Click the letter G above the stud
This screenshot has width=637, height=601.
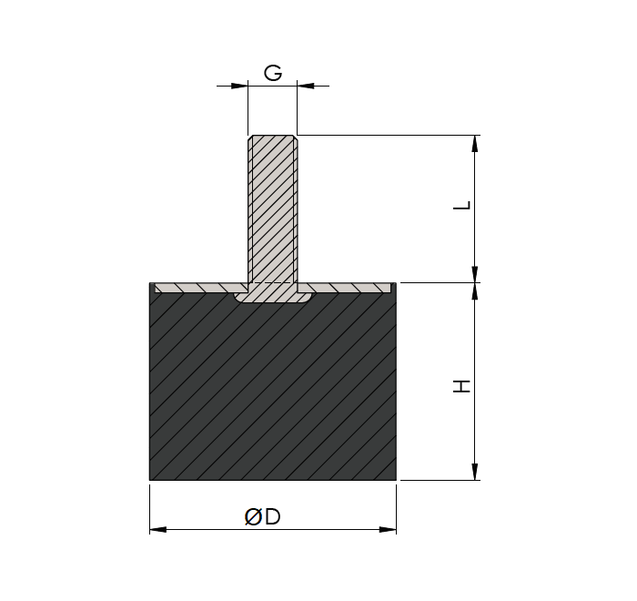(x=272, y=72)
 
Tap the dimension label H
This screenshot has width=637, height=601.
(x=463, y=385)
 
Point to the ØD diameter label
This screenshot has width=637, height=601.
(x=263, y=516)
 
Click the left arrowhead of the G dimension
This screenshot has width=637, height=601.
(x=239, y=86)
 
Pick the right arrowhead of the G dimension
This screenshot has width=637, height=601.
(x=307, y=86)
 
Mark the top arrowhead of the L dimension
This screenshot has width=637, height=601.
(x=475, y=144)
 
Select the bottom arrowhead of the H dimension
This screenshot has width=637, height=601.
(x=475, y=471)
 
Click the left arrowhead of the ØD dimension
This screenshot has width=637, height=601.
(x=158, y=529)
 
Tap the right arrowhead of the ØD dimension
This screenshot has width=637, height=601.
(x=388, y=529)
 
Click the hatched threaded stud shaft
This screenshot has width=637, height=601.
(x=272, y=209)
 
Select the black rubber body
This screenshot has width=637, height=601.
(x=272, y=392)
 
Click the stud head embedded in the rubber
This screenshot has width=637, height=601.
(x=272, y=296)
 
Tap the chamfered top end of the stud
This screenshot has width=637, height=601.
(x=272, y=138)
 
